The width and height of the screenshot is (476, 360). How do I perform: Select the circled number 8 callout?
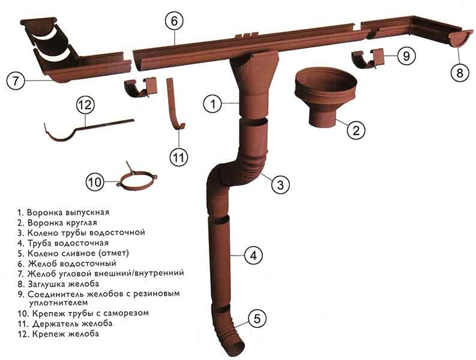pyautogui.click(x=460, y=73)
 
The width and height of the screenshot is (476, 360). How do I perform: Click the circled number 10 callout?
pyautogui.click(x=95, y=182)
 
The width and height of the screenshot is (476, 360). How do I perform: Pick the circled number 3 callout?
pyautogui.click(x=280, y=184)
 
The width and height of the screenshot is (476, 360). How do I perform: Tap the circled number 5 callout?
pyautogui.click(x=257, y=319)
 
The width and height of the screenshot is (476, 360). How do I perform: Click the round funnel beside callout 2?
pyautogui.click(x=325, y=98)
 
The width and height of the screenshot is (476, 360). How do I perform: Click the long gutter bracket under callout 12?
pyautogui.click(x=88, y=130)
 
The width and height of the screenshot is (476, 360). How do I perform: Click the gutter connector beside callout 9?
pyautogui.click(x=367, y=58)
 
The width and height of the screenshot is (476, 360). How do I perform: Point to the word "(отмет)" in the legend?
pyautogui.click(x=113, y=253)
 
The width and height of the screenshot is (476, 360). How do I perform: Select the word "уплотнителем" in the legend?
pyautogui.click(x=58, y=302)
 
